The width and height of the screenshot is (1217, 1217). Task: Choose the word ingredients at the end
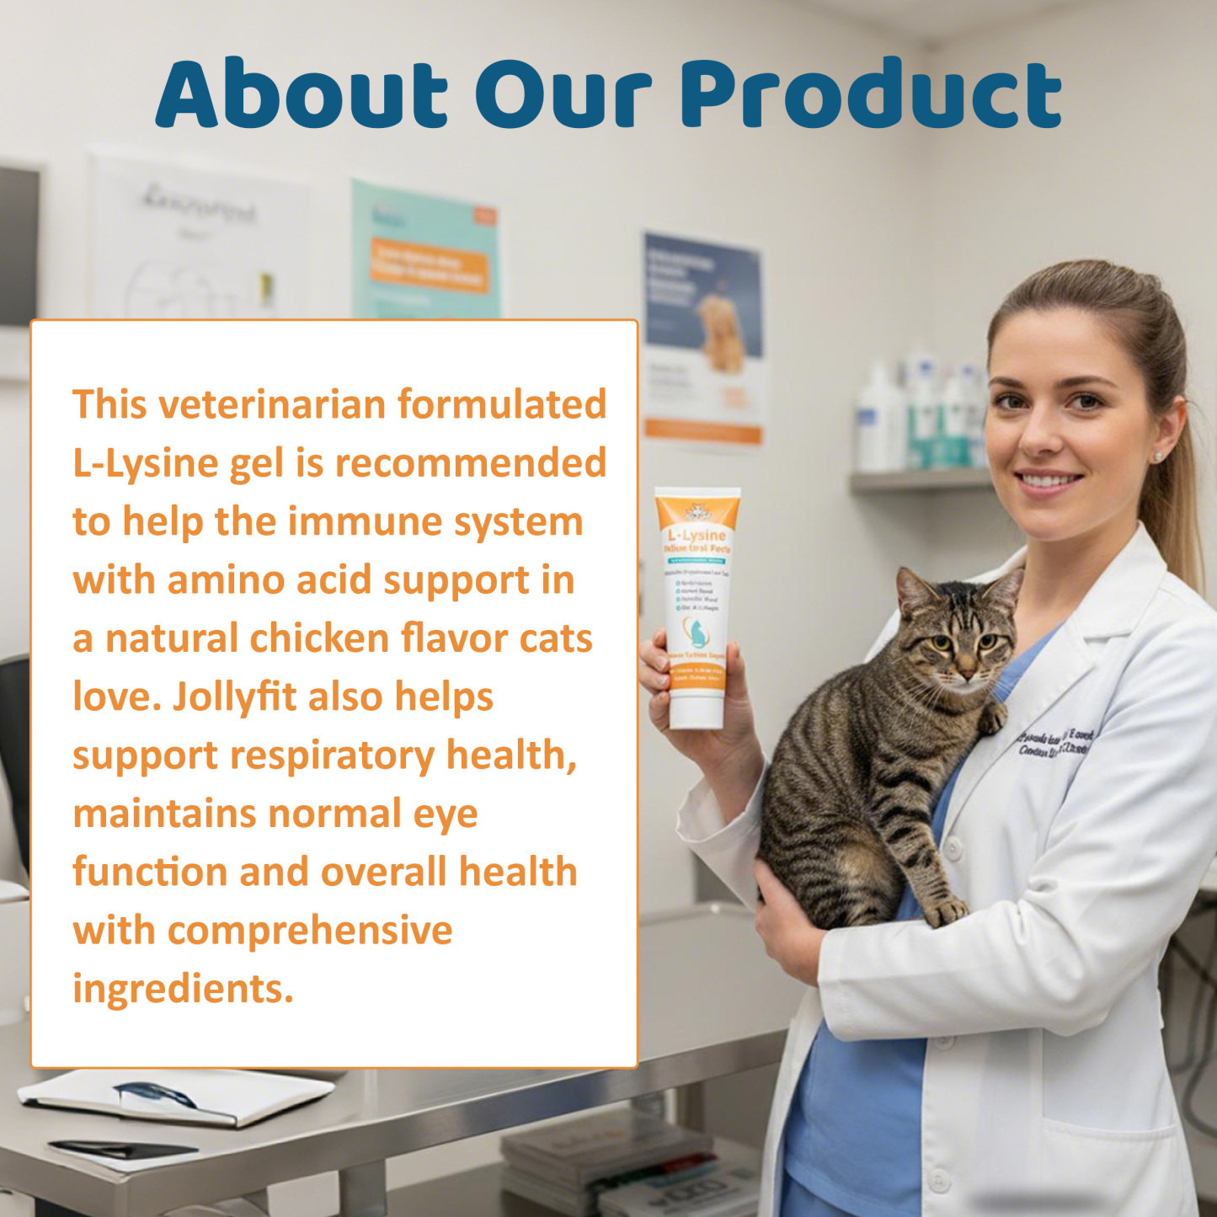[183, 989]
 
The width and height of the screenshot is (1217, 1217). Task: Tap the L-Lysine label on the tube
[697, 536]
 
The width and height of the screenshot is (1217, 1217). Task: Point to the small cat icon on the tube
[697, 633]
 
